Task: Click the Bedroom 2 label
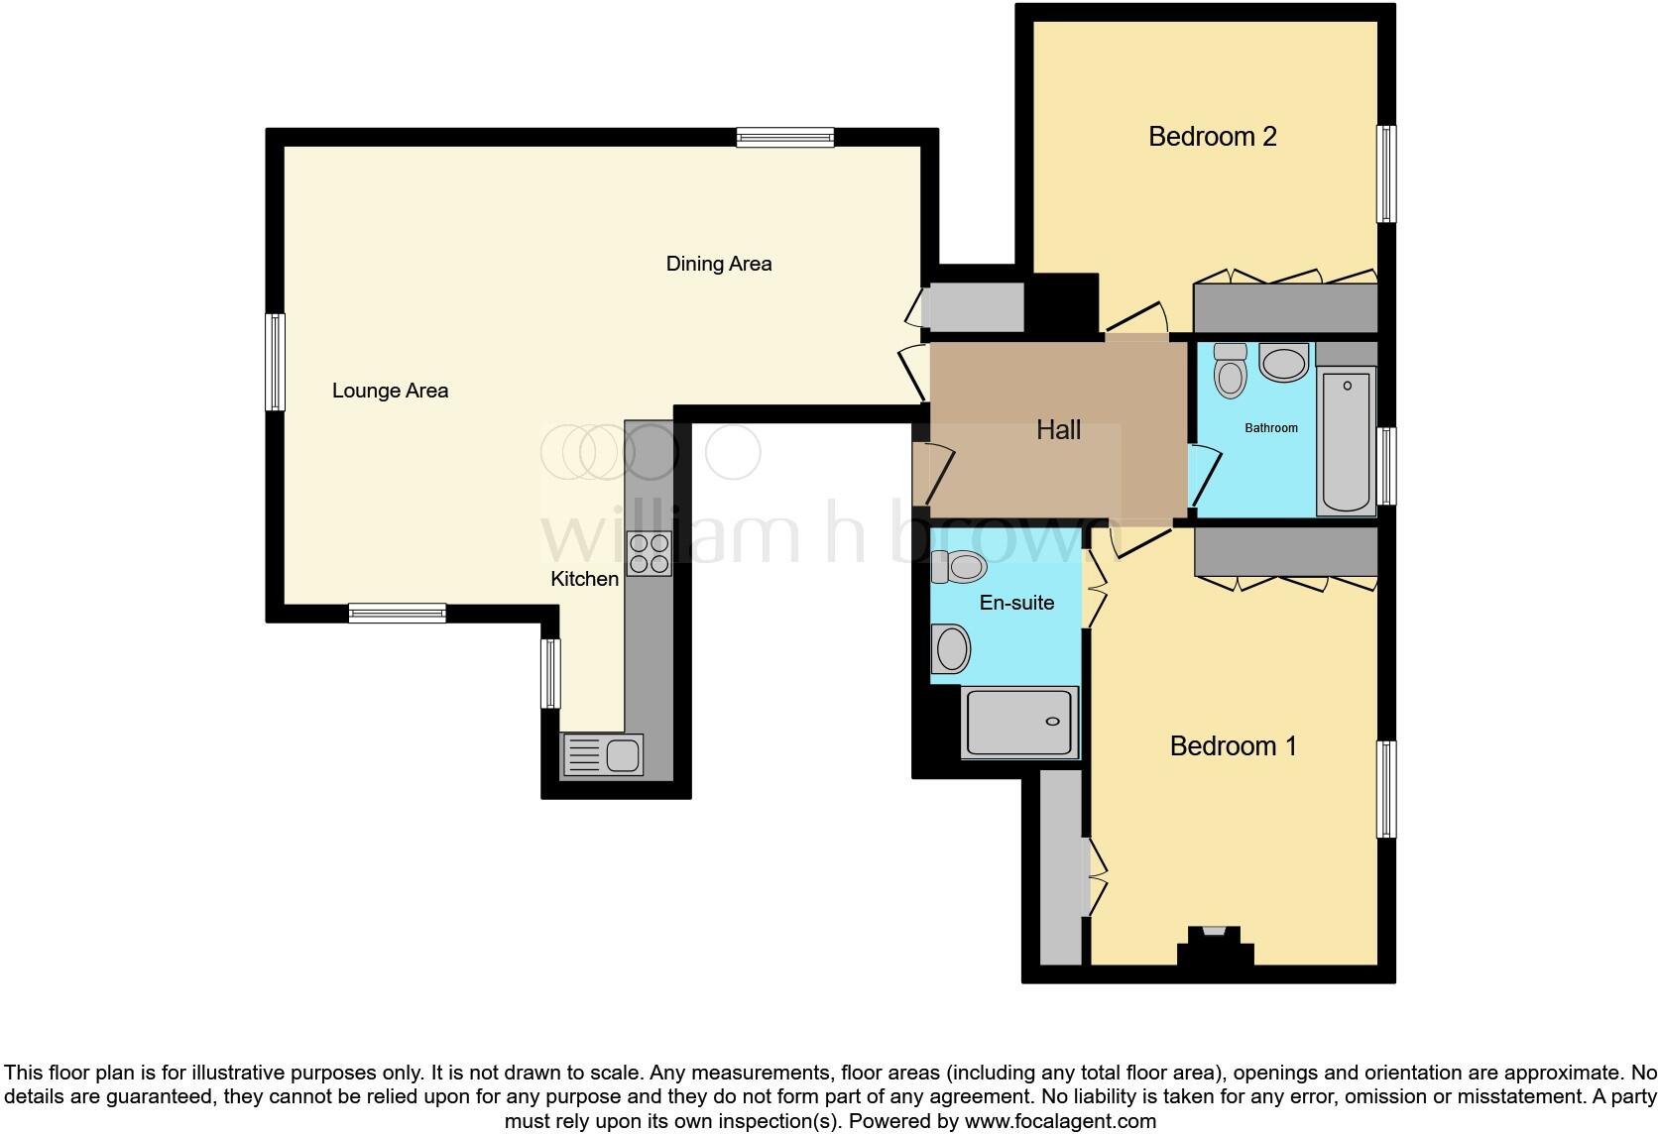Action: (x=1212, y=137)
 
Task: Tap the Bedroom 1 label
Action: (x=1233, y=745)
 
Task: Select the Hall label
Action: (x=1058, y=430)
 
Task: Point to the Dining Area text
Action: (x=718, y=264)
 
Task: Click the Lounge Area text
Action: (x=390, y=391)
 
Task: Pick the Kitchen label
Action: (x=584, y=579)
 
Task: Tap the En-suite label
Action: (x=1016, y=603)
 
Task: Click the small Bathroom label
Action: (x=1270, y=428)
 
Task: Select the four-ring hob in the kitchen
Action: (x=650, y=553)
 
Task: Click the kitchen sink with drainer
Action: (x=603, y=755)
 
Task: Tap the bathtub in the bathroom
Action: (x=1346, y=440)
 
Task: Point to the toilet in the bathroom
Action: (x=1231, y=370)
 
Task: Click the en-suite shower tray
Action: (x=1019, y=723)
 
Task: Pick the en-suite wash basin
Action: (x=952, y=649)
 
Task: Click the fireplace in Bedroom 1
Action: (x=1215, y=943)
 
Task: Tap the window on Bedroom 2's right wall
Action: (x=1387, y=173)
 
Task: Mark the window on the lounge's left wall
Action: (x=276, y=362)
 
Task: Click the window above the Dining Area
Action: (x=784, y=138)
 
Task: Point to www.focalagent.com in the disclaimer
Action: (x=1059, y=1121)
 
